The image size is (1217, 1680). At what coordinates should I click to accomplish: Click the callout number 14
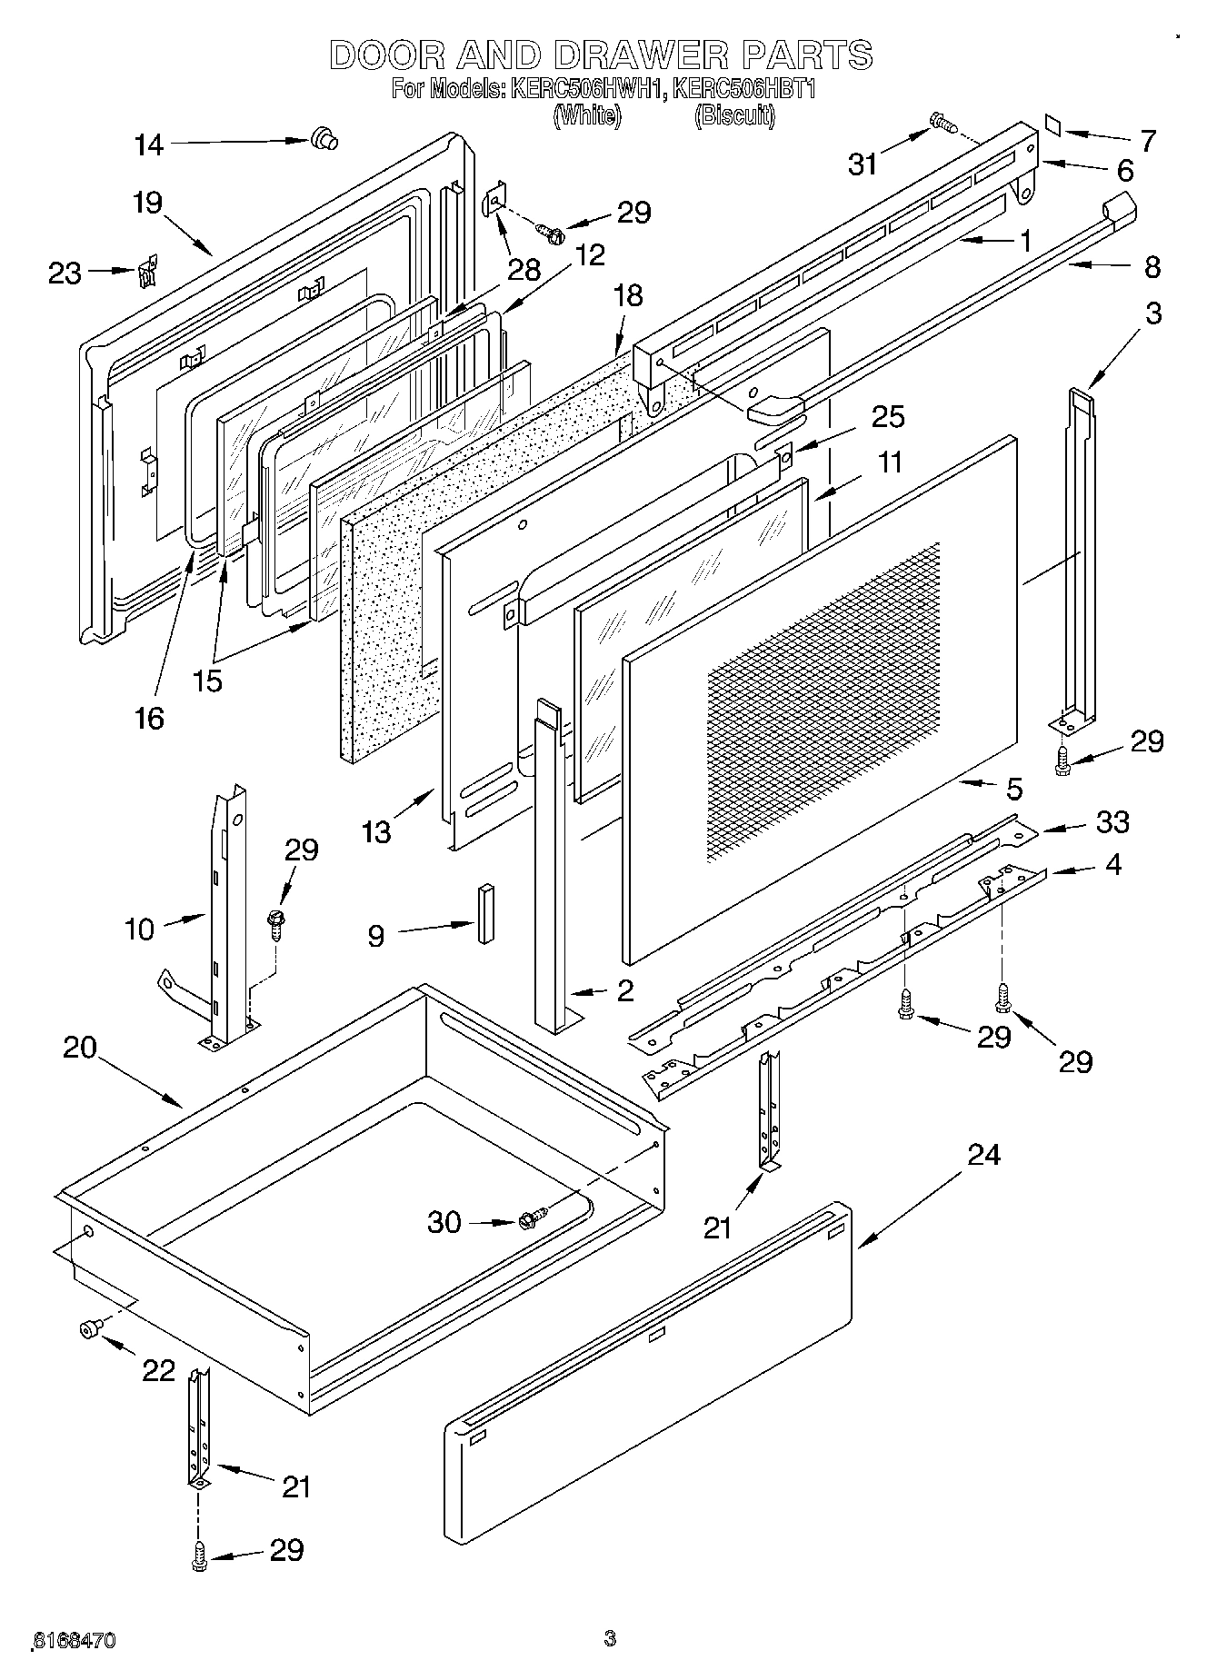149,144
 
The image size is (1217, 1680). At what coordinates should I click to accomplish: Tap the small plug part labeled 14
322,139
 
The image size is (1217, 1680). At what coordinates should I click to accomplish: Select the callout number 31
863,164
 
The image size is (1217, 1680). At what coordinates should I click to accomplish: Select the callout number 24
983,1155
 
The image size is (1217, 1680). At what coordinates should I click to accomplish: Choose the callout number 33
1112,821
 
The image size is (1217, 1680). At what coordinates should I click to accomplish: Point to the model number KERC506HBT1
744,90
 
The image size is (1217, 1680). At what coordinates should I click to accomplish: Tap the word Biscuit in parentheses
734,116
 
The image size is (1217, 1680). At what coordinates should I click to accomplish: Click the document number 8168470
73,1641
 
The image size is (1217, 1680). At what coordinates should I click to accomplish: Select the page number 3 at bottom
610,1639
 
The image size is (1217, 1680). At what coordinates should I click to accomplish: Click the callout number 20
80,1048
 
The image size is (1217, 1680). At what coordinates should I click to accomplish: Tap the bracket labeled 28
495,201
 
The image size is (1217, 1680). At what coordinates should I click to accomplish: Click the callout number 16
149,718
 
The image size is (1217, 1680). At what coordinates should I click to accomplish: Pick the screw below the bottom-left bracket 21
198,1557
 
